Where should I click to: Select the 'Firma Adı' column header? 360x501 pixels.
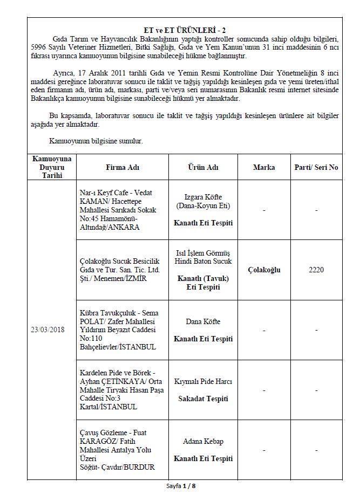(x=122, y=167)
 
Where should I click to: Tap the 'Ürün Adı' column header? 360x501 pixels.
(x=203, y=167)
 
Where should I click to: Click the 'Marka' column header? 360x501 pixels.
(x=264, y=167)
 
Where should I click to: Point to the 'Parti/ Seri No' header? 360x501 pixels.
(x=316, y=167)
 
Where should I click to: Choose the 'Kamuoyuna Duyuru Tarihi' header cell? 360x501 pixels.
(x=52, y=167)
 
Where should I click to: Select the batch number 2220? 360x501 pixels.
(x=316, y=270)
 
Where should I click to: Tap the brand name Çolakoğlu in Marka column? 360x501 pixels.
(x=264, y=270)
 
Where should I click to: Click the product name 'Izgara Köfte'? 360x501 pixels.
(x=203, y=197)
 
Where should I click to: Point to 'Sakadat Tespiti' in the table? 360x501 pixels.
(x=203, y=399)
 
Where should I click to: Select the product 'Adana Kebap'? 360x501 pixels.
(x=203, y=441)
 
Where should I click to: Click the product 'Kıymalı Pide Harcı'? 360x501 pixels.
(x=203, y=381)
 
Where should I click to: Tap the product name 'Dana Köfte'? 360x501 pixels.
(x=203, y=321)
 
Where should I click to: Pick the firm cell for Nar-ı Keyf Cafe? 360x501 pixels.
(x=122, y=210)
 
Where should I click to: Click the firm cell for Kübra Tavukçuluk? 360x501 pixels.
(x=122, y=330)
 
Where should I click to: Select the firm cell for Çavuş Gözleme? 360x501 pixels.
(x=122, y=450)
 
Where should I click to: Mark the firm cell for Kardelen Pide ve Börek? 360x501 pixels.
(x=122, y=390)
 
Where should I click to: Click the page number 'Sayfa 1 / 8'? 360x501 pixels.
(x=181, y=486)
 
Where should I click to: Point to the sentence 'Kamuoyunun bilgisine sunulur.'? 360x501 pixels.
(x=96, y=141)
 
